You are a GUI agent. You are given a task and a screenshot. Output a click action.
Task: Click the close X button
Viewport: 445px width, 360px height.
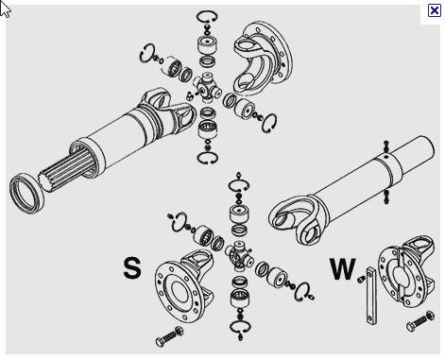tap(435, 10)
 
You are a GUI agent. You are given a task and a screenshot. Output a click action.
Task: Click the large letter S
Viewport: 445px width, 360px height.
tap(131, 268)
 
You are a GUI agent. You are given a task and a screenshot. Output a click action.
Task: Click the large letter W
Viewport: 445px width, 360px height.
tap(343, 268)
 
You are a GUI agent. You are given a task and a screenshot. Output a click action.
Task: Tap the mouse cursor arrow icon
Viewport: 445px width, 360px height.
tap(6, 9)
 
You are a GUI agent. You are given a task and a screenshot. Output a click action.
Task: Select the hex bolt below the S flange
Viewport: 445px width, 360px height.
tap(169, 336)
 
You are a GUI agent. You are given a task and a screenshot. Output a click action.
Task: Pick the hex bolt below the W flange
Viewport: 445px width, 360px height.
tap(420, 321)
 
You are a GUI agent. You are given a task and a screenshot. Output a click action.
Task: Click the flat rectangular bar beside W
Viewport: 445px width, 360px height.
tap(371, 296)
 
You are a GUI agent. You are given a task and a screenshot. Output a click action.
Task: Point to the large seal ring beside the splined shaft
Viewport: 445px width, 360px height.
tap(26, 193)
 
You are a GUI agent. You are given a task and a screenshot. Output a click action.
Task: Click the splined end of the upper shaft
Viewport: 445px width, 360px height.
tap(68, 171)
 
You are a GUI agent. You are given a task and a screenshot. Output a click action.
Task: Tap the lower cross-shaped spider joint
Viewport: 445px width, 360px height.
tap(239, 255)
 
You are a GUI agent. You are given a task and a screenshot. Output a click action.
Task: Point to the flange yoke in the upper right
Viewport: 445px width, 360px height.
tap(263, 57)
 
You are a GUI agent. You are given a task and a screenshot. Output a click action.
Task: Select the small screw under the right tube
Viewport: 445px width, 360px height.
tap(386, 197)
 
